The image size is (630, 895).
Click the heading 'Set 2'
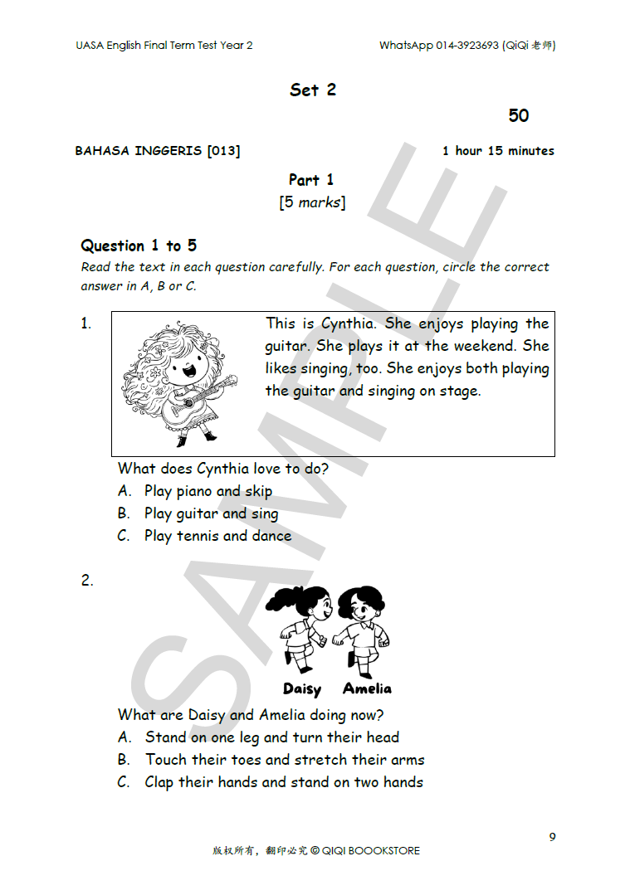point(313,90)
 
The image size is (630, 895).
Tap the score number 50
point(519,116)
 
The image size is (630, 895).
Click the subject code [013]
point(224,151)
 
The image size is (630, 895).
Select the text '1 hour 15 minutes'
point(498,151)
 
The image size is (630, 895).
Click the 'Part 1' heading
point(311,180)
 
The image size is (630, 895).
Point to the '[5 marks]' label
point(312,202)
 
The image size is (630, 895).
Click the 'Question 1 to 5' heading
point(139,246)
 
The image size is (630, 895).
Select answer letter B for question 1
point(124,514)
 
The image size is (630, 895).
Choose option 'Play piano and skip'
point(208,492)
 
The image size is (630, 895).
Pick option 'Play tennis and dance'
point(217,537)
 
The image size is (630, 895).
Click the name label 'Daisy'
point(301,689)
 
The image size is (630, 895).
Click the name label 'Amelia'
point(367,688)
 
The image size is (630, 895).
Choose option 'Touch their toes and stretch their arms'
point(285,760)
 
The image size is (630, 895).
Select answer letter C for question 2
point(124,782)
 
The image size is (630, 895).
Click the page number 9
point(552,837)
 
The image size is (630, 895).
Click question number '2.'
point(87,581)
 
